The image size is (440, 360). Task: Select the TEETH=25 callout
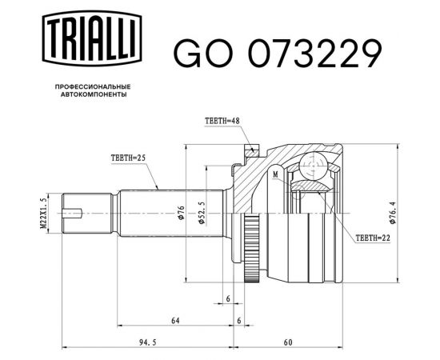[x=127, y=158]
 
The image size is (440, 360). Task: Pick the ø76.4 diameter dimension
[x=390, y=212]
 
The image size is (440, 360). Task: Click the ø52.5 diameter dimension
[x=206, y=212]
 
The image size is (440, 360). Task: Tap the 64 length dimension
[x=174, y=321]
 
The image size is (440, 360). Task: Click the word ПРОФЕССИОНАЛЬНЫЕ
[x=93, y=86]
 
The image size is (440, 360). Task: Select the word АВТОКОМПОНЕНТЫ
[x=93, y=94]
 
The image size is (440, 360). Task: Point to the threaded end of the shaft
[x=83, y=212]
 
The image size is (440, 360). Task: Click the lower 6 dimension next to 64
[x=240, y=321]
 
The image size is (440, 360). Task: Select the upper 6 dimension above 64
[x=228, y=298]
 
